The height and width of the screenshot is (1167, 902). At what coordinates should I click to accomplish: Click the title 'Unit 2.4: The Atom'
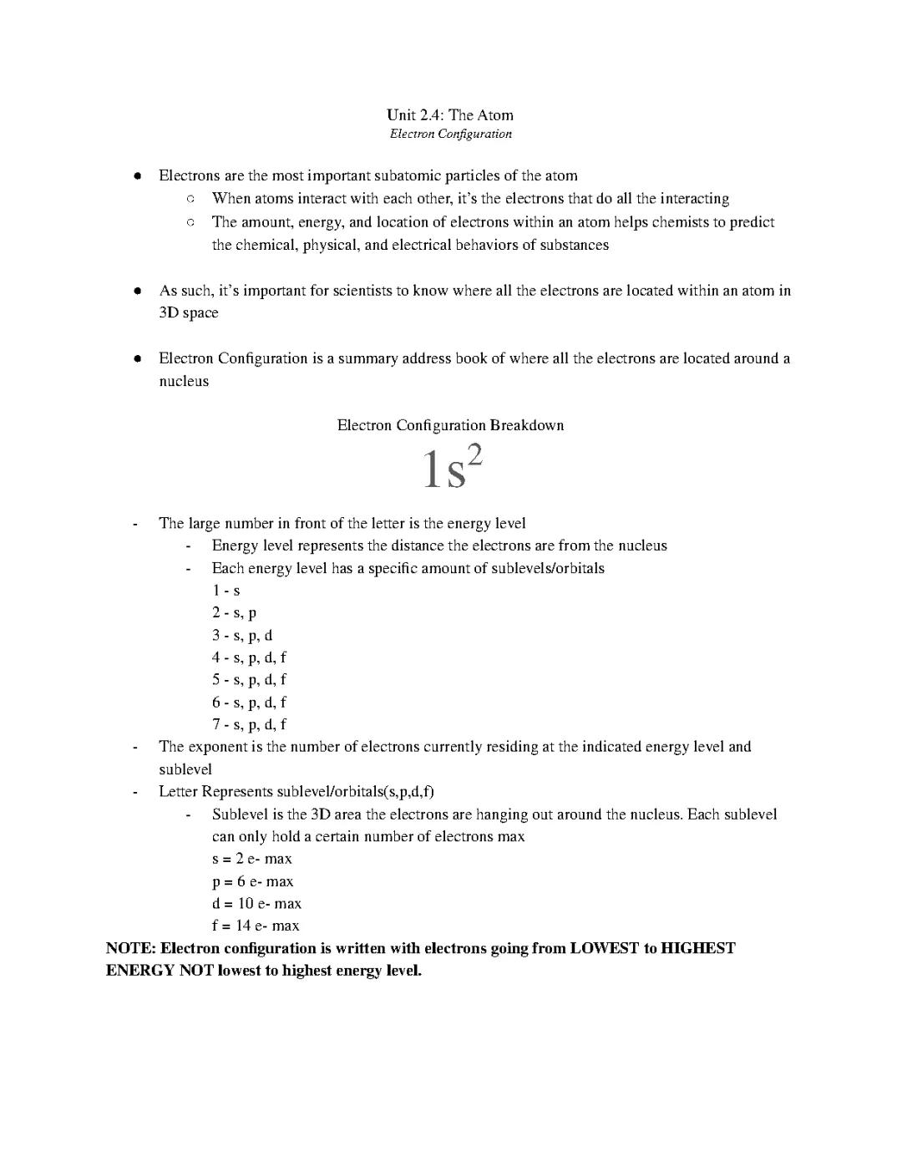click(x=449, y=115)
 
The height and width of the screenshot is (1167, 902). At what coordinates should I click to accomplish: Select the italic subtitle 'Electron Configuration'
click(x=450, y=134)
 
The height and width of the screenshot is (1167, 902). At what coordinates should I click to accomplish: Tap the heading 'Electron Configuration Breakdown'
click(x=450, y=425)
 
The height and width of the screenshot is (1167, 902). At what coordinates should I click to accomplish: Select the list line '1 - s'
click(x=225, y=591)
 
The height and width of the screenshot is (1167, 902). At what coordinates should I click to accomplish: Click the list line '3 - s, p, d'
click(x=241, y=636)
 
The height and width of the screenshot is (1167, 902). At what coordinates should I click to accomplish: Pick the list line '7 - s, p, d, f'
click(x=249, y=725)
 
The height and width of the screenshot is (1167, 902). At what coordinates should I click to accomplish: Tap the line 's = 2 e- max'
click(x=251, y=859)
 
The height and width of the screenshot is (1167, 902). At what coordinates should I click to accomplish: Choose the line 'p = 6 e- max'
click(x=252, y=881)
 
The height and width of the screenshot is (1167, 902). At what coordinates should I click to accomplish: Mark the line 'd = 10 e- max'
click(x=256, y=904)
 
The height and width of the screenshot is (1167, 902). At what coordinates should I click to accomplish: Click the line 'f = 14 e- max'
click(x=255, y=926)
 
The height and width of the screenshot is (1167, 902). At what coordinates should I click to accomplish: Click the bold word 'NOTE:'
click(x=130, y=948)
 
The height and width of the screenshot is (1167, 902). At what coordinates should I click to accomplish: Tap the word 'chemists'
click(x=680, y=222)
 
